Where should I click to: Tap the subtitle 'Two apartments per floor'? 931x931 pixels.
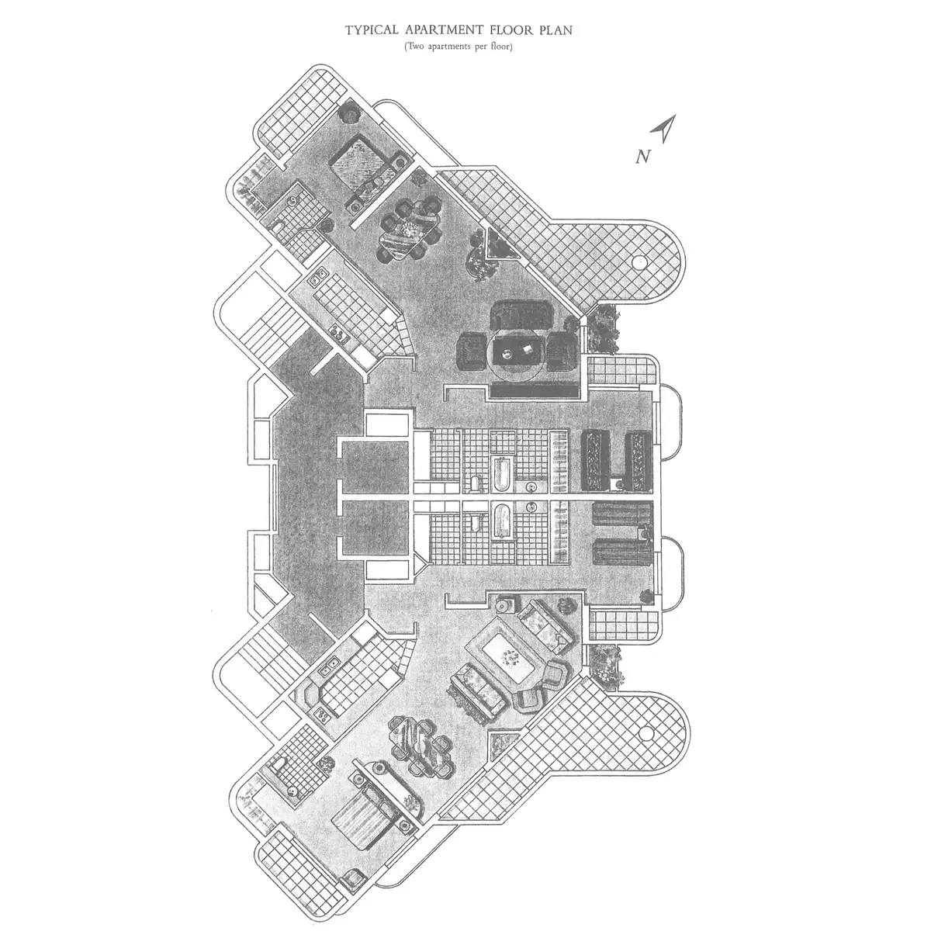pyautogui.click(x=459, y=47)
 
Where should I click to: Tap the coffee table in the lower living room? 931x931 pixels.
pyautogui.click(x=509, y=656)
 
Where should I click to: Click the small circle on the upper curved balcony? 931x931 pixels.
pyautogui.click(x=640, y=261)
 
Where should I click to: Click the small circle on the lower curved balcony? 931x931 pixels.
pyautogui.click(x=646, y=732)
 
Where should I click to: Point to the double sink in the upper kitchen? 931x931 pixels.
pyautogui.click(x=318, y=276)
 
